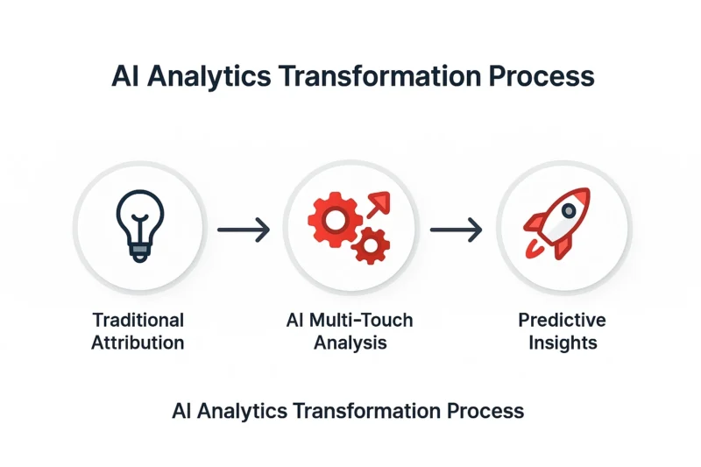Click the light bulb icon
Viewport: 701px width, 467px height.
[140, 226]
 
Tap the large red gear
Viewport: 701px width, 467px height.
[336, 219]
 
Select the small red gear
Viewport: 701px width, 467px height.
[370, 245]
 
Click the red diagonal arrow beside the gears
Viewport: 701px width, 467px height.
[379, 204]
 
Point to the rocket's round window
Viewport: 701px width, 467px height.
[569, 210]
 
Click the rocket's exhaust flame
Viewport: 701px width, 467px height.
[533, 250]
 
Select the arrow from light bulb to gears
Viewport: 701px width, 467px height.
[244, 230]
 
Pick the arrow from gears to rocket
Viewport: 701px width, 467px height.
[456, 230]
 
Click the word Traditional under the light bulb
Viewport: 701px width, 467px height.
[138, 321]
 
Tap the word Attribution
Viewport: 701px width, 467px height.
[138, 343]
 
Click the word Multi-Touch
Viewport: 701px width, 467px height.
[361, 321]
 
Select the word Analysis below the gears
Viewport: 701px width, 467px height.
[350, 343]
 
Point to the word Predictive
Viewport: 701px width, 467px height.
[562, 321]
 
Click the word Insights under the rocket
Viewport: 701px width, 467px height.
[563, 343]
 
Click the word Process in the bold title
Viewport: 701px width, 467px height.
[542, 76]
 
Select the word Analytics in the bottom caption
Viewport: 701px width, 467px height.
[242, 411]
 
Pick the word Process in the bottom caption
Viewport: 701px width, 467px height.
[485, 411]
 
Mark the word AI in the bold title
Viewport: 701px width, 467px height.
[126, 76]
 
